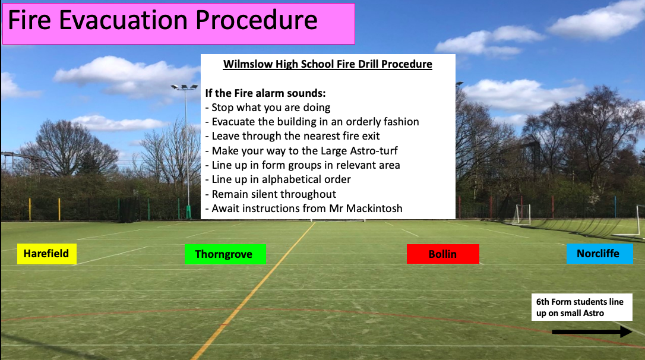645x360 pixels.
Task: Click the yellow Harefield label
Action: coord(46,254)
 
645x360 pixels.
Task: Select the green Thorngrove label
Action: coord(226,254)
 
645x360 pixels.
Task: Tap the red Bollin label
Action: coord(443,254)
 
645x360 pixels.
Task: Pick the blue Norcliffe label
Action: coord(600,254)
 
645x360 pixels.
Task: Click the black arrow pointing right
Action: coord(592,331)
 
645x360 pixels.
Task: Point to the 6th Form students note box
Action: coord(581,307)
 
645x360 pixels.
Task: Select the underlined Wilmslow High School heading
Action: coord(327,64)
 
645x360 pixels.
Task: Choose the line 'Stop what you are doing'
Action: coord(268,108)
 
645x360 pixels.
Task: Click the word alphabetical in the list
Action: coord(295,179)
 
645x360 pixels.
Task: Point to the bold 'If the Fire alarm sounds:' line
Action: coord(265,93)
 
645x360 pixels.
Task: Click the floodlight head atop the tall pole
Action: coord(184,87)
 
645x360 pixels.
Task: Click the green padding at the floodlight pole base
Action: coord(188,212)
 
